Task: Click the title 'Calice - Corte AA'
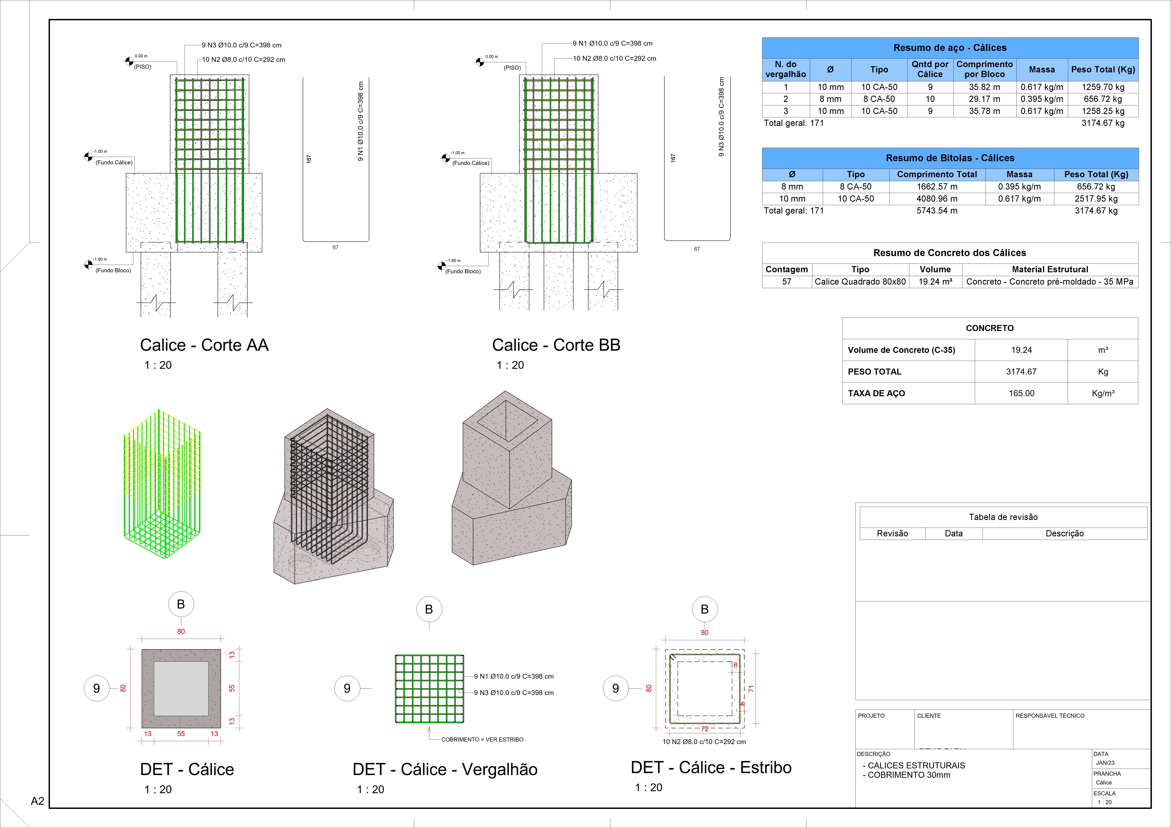click(x=204, y=345)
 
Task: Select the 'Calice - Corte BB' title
click(x=556, y=345)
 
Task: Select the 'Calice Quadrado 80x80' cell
click(x=860, y=282)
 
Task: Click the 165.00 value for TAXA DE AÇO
click(x=1021, y=393)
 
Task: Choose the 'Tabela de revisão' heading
click(x=1003, y=517)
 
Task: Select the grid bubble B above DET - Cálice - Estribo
click(x=704, y=609)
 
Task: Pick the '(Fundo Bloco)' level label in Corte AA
click(x=113, y=270)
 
